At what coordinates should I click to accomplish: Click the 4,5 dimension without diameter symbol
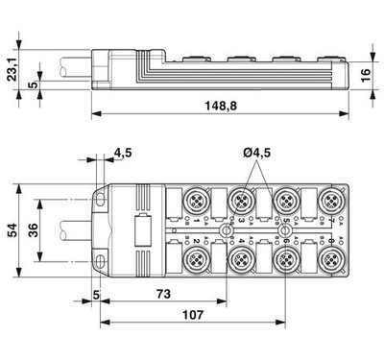[x=123, y=153]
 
